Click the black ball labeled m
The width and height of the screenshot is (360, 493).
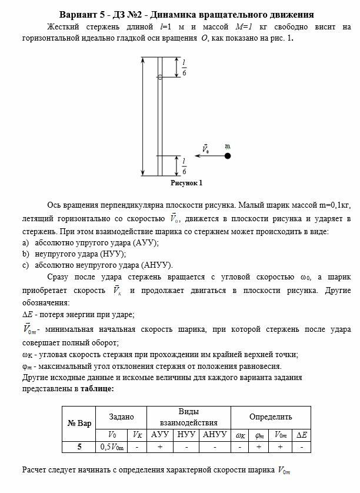pyautogui.click(x=228, y=156)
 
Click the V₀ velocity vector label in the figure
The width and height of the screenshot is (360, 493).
pyautogui.click(x=205, y=149)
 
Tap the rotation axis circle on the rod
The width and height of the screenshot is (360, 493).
pyautogui.click(x=160, y=77)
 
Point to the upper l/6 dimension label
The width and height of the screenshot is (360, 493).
pyautogui.click(x=184, y=68)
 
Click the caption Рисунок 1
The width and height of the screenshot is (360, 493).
pyautogui.click(x=186, y=183)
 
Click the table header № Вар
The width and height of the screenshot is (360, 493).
pyautogui.click(x=79, y=424)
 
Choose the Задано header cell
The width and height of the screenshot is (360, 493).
pyautogui.click(x=121, y=417)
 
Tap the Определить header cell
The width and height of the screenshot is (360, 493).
pyautogui.click(x=270, y=417)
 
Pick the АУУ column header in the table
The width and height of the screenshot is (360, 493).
pyautogui.click(x=160, y=435)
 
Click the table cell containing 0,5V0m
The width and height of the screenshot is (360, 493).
pyautogui.click(x=114, y=447)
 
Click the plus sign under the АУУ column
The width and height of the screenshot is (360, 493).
pyautogui.click(x=160, y=447)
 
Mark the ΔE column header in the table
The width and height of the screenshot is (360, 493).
pyautogui.click(x=301, y=435)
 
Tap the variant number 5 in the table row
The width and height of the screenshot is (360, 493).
pyautogui.click(x=79, y=447)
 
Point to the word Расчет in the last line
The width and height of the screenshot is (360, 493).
pyautogui.click(x=35, y=471)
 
